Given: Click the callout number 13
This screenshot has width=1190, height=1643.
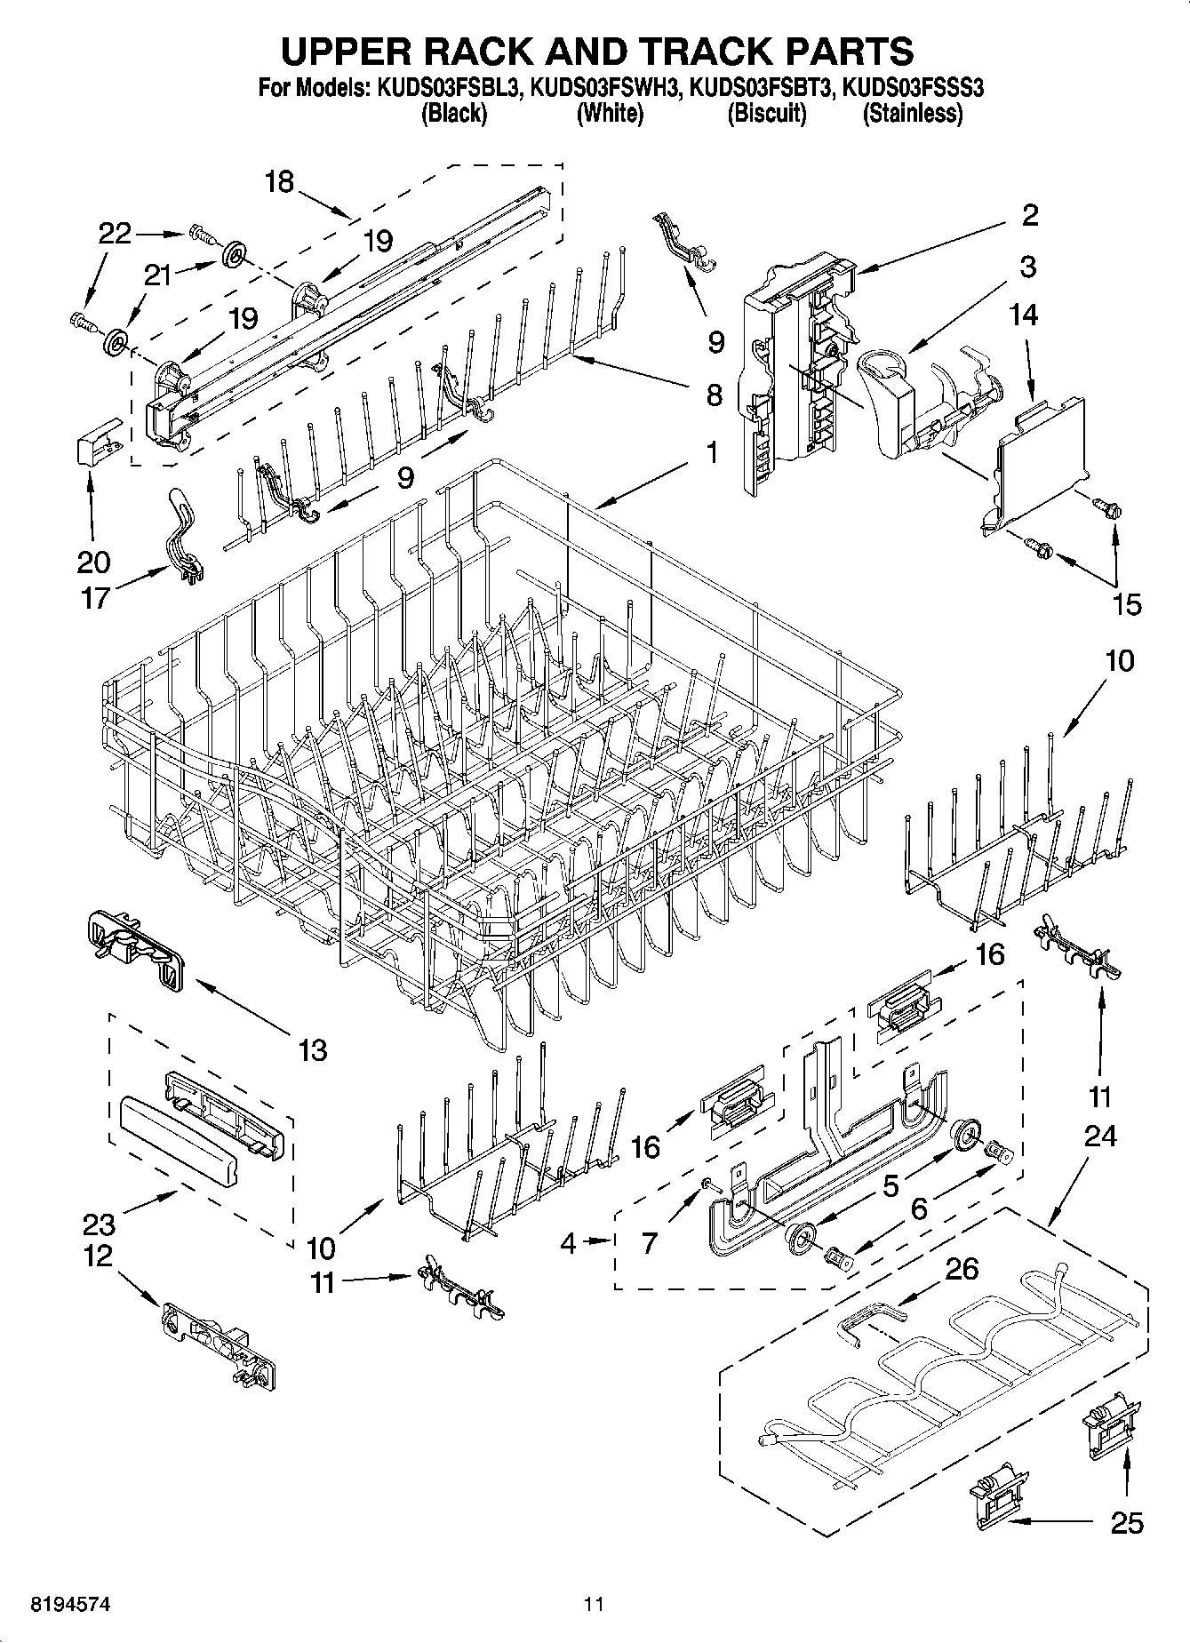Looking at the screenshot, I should coord(313,1050).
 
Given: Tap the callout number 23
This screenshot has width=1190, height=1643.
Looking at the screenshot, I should coord(100,1225).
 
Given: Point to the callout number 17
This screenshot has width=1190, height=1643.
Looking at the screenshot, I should coord(95,597).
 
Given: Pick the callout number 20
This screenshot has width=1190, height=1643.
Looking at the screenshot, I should coord(93,562).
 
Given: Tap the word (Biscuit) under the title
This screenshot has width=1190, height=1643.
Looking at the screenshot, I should coord(767,114).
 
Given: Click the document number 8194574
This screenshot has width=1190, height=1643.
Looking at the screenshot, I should coord(59,1604).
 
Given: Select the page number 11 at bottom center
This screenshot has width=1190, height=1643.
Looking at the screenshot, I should coord(594,1604).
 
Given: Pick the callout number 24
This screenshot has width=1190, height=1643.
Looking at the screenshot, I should coord(1099,1136).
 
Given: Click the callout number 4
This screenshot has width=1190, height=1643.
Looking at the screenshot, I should coord(568,1242).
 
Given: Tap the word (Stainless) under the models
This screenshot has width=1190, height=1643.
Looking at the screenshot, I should coord(913,114).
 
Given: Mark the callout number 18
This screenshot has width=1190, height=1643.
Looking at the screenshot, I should coord(279,182).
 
